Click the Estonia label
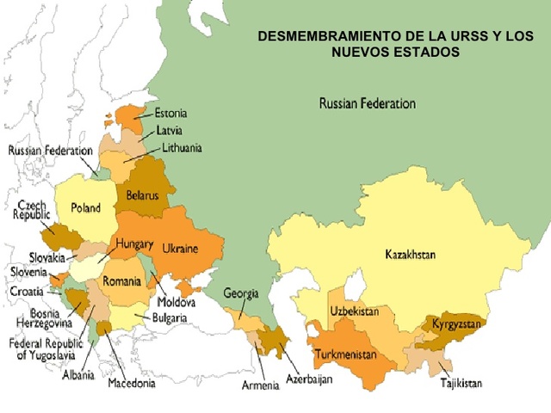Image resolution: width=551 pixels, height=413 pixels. pyautogui.click(x=171, y=114)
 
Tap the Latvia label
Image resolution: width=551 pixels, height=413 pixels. pyautogui.click(x=169, y=131)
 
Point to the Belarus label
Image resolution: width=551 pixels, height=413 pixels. pyautogui.click(x=142, y=195)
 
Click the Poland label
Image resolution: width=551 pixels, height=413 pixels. pyautogui.click(x=86, y=208)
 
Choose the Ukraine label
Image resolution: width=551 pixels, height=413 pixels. pyautogui.click(x=180, y=249)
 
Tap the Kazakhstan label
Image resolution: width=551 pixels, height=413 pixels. pyautogui.click(x=411, y=255)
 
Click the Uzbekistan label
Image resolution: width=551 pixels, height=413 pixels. pyautogui.click(x=354, y=311)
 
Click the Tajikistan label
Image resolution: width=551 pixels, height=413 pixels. pyautogui.click(x=461, y=383)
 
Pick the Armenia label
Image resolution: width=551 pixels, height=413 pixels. pyautogui.click(x=260, y=385)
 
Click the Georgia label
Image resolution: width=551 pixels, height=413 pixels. pyautogui.click(x=241, y=293)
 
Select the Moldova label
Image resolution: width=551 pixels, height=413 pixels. pyautogui.click(x=176, y=303)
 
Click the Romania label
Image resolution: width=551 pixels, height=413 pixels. pyautogui.click(x=121, y=281)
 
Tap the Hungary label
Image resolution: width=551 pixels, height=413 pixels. pyautogui.click(x=133, y=244)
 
